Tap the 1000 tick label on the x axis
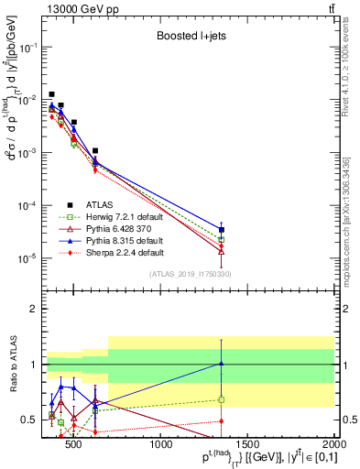pos(161,446)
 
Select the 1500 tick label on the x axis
pos(248,446)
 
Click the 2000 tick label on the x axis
pos(333,446)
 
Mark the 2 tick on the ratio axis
pos(37,310)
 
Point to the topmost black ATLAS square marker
pos(52,94)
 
